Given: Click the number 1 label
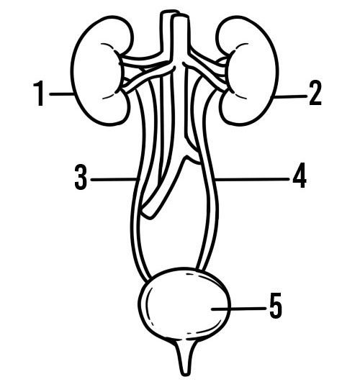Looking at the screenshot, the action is (39, 94).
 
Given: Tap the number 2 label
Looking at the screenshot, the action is (315, 93).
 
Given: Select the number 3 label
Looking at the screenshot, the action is (81, 177).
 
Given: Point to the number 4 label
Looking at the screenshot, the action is (300, 175).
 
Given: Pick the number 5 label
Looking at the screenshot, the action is (275, 306).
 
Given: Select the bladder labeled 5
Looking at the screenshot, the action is (184, 304).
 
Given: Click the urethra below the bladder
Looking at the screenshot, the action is (185, 358).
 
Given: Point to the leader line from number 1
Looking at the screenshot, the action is (61, 94).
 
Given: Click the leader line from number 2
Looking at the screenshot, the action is (291, 96).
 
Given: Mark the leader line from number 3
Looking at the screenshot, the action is (114, 179).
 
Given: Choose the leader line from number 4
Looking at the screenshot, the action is (252, 179).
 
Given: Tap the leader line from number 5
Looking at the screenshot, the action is (238, 309).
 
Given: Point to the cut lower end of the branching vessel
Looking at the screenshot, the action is (148, 214).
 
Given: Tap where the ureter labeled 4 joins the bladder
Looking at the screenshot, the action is (202, 270).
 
